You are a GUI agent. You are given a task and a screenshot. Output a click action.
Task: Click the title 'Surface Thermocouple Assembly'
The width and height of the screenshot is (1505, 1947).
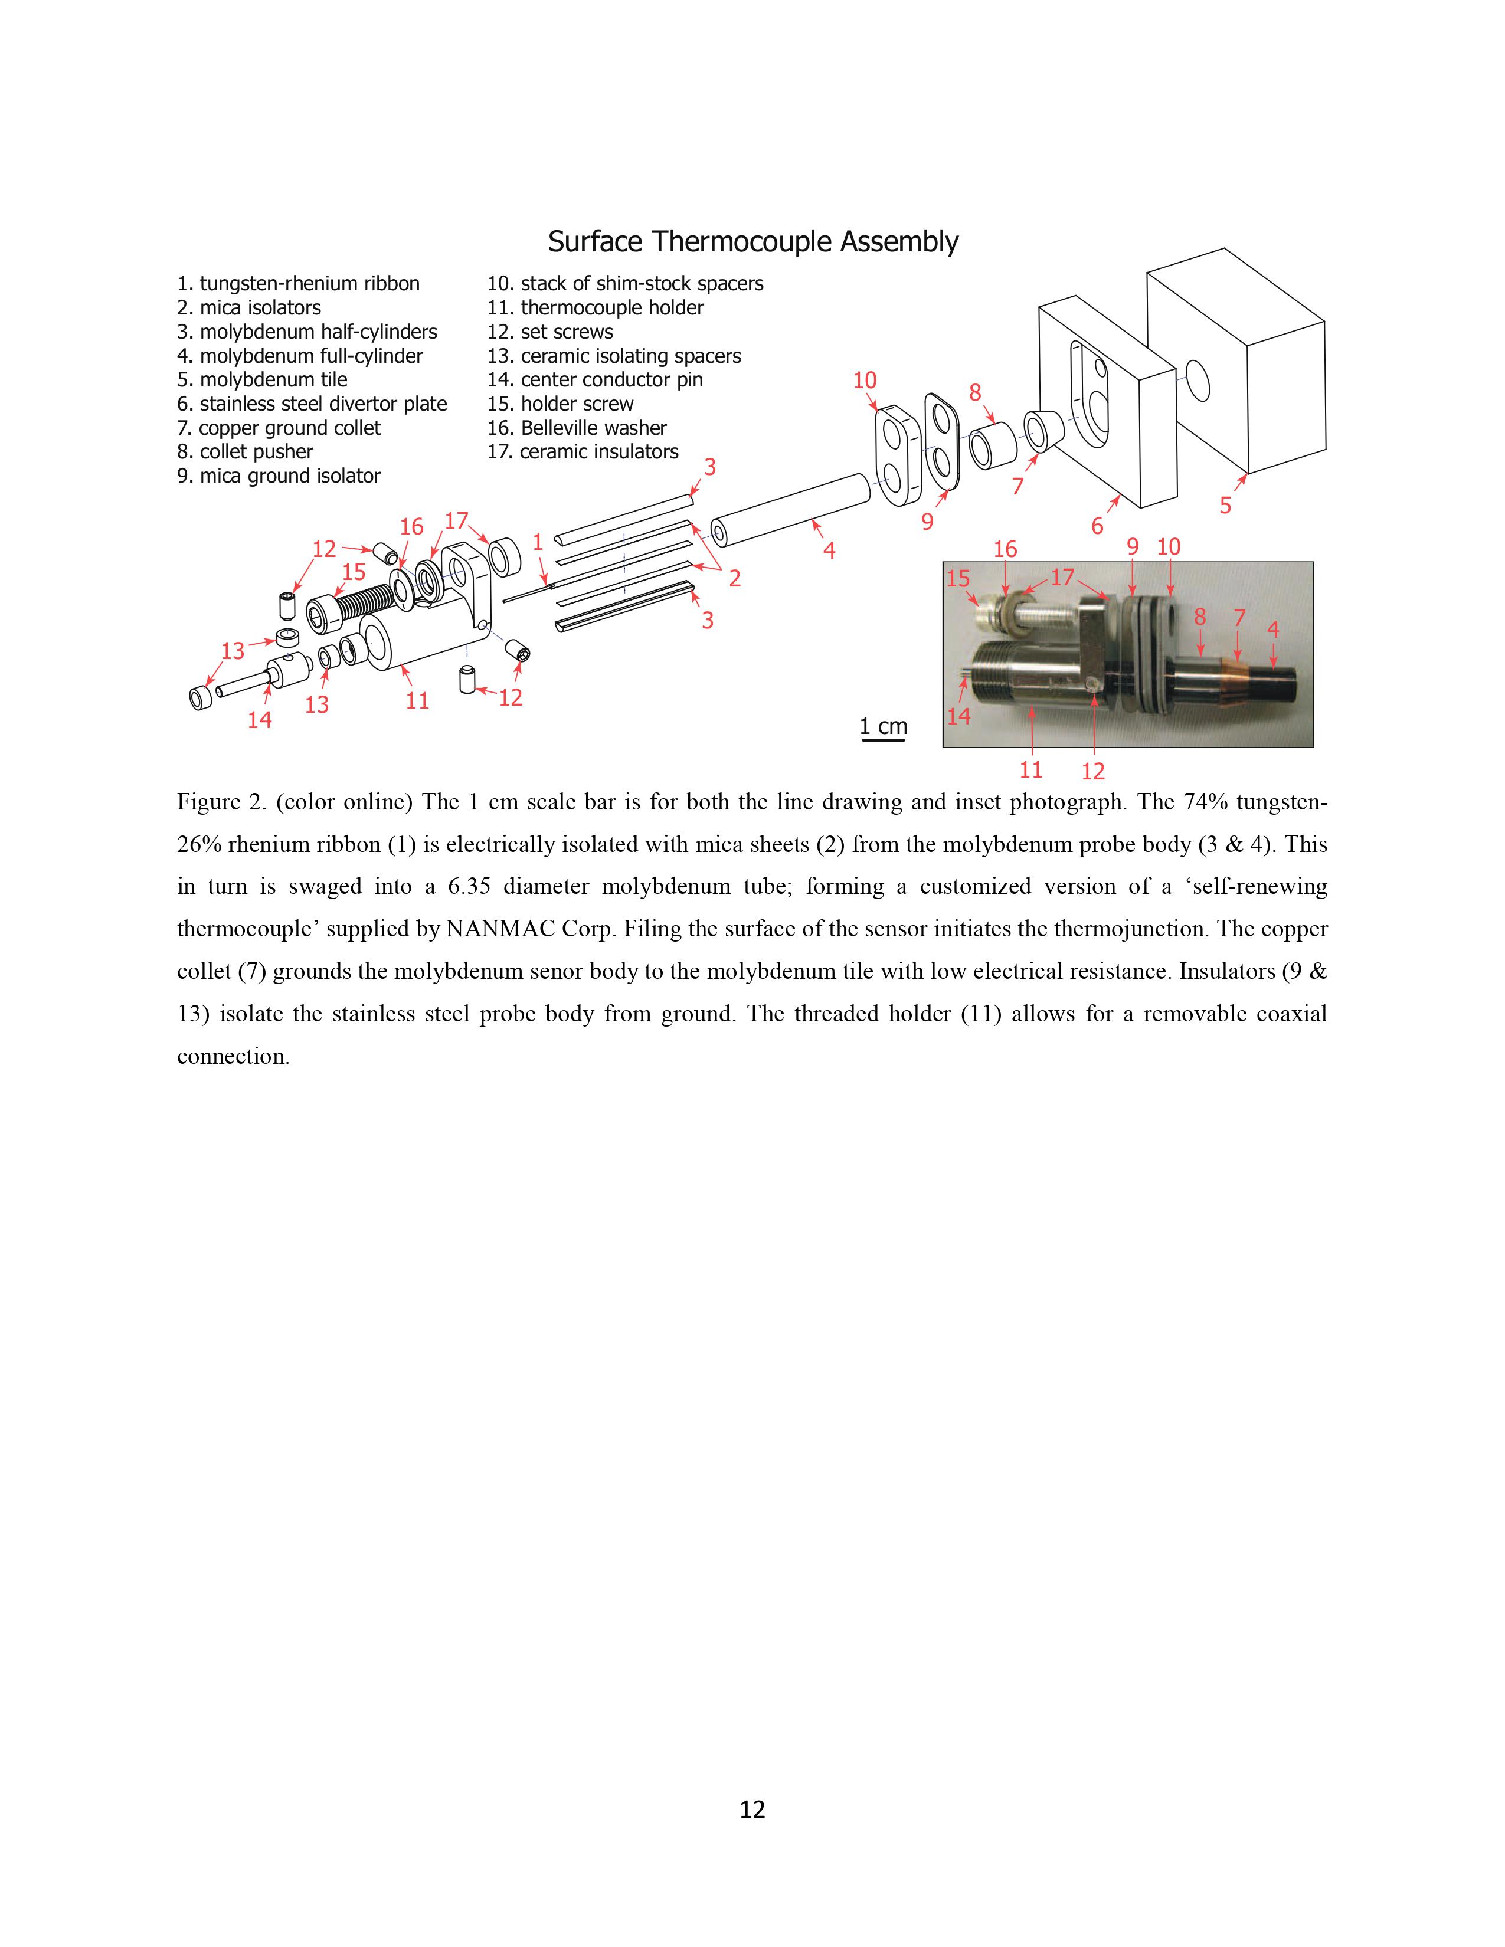[752, 241]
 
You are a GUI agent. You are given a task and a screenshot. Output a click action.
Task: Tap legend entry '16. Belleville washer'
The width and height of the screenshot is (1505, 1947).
[576, 428]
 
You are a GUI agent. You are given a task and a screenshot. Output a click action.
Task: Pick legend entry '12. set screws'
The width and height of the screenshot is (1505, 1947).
[549, 332]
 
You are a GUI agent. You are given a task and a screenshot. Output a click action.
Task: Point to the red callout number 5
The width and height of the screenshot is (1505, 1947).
[1225, 506]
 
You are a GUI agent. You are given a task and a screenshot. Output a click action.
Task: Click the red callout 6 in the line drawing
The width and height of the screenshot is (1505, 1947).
[1098, 526]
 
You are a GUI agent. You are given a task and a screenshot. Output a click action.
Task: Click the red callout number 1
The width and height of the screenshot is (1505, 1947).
[538, 541]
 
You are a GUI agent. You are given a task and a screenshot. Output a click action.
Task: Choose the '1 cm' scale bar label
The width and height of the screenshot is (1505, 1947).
[883, 726]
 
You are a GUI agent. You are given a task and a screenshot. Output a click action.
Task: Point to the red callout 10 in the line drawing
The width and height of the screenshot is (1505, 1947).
[865, 381]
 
